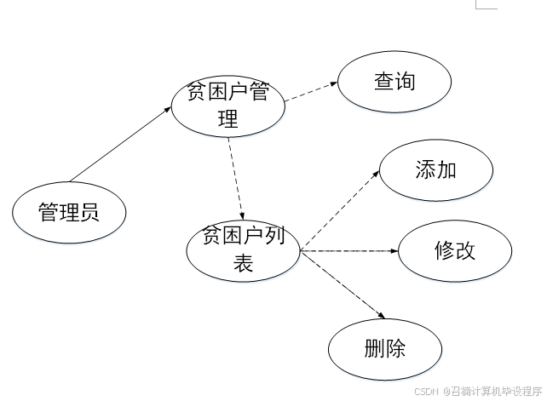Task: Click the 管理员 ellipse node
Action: click(x=69, y=211)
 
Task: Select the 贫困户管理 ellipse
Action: click(x=227, y=106)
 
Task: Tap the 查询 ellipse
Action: click(x=394, y=83)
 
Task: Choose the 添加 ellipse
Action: click(x=435, y=170)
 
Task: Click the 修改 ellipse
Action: click(x=455, y=251)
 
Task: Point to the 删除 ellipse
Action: click(x=385, y=348)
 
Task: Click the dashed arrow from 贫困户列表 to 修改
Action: click(x=349, y=251)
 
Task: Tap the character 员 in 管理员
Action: click(x=89, y=211)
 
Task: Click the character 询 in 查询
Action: click(x=406, y=83)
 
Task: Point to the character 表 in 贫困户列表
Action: click(x=244, y=264)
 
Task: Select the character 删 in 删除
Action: click(x=374, y=348)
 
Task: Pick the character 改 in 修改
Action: click(x=466, y=251)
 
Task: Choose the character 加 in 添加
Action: click(x=446, y=170)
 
